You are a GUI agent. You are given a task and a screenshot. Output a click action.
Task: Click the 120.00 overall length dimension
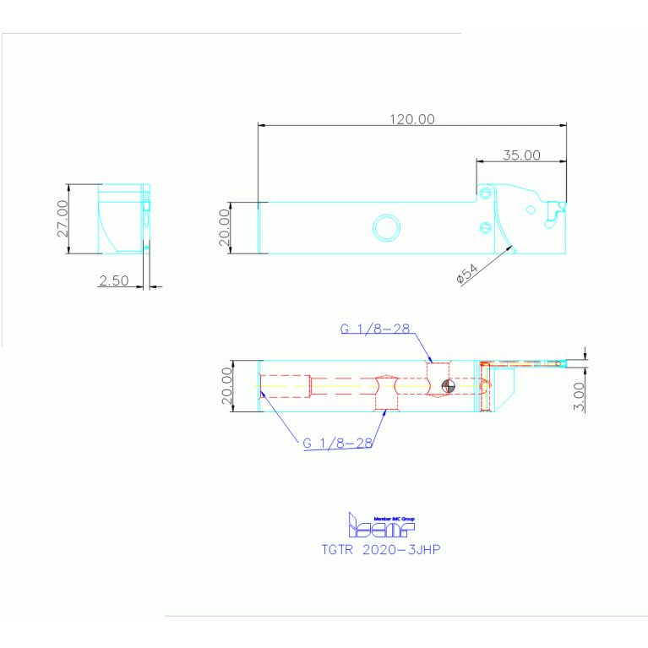point(411,119)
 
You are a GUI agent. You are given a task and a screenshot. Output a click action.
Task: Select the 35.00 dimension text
point(521,155)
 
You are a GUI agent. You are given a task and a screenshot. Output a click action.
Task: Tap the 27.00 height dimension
point(62,219)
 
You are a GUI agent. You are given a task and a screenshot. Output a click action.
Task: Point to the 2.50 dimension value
point(114,281)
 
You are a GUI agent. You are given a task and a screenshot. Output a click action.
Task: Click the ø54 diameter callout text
point(466,274)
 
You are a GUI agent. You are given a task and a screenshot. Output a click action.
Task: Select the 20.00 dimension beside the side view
point(224,227)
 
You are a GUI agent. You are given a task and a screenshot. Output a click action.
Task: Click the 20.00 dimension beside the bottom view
point(226,386)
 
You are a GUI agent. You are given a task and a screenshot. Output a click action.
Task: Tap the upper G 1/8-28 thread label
point(376,329)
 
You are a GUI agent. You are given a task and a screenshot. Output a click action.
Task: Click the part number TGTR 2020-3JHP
point(381,549)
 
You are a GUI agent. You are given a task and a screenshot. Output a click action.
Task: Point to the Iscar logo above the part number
point(381,526)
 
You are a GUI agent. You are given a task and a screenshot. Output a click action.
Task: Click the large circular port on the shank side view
point(387,226)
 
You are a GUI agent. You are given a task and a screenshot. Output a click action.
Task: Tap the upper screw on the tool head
point(485,193)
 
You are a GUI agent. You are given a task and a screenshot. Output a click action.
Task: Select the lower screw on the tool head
point(484,226)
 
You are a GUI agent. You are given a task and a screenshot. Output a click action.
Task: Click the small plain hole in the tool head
point(531,210)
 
